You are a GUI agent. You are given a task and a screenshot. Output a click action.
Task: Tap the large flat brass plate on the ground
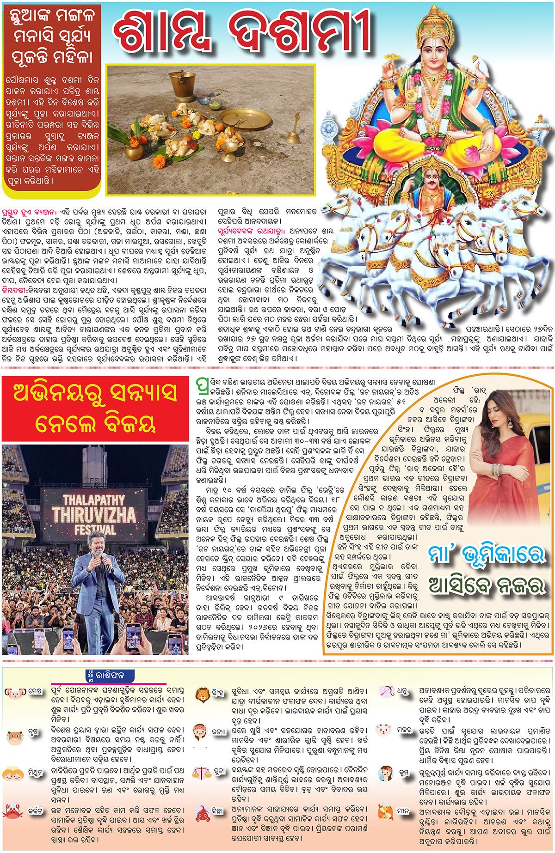[245, 120]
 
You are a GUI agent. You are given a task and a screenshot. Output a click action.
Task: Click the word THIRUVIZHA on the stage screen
[94, 514]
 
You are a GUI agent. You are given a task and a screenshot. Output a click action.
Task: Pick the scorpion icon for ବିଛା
[202, 813]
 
